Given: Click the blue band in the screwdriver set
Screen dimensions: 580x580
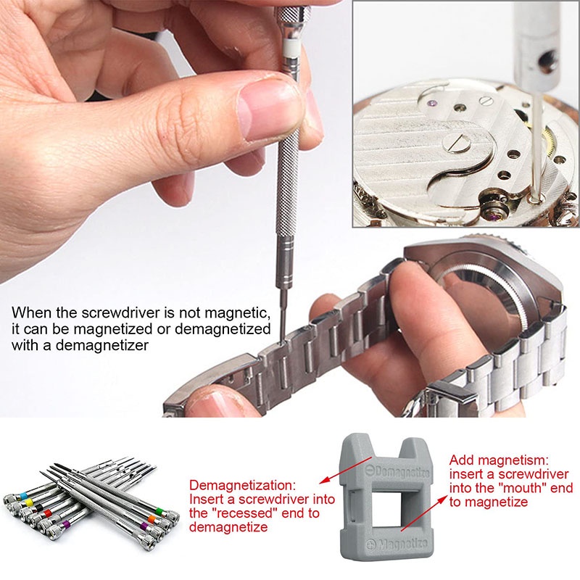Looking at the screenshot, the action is click(24, 496).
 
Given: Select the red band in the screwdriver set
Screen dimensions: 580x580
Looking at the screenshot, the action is click(47, 513).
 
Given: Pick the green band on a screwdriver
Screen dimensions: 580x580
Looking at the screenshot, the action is click(159, 512).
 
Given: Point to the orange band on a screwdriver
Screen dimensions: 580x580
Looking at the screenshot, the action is click(152, 518).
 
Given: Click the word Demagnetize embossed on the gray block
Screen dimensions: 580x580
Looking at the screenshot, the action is click(398, 471).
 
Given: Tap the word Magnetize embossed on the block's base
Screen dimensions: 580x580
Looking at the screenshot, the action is click(397, 544).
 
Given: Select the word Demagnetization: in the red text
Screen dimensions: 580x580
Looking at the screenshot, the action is click(243, 485).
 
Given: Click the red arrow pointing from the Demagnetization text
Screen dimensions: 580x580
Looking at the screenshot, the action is click(345, 470).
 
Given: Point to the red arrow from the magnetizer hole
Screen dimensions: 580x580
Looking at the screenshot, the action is click(425, 513).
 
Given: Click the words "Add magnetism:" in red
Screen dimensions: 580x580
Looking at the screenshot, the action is click(499, 460).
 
